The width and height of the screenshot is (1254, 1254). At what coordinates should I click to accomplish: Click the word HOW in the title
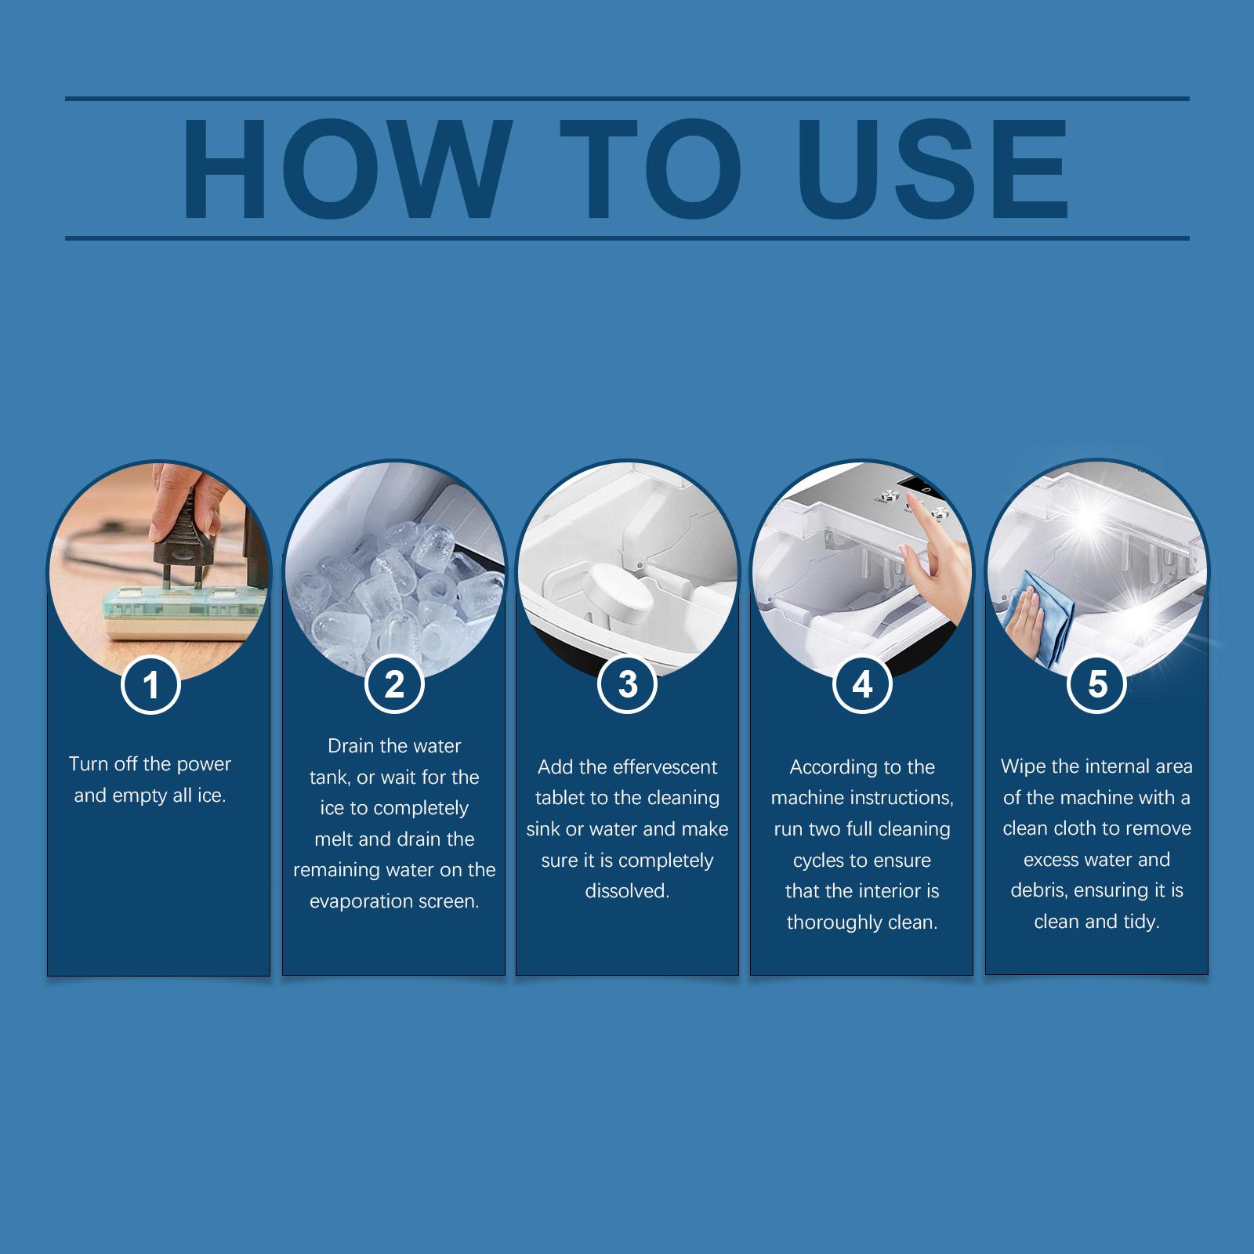[x=344, y=169]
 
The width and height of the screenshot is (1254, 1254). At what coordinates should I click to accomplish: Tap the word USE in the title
[x=933, y=169]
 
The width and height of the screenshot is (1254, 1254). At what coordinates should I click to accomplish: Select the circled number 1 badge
[x=151, y=685]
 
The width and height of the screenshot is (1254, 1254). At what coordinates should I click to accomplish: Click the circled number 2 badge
[x=394, y=685]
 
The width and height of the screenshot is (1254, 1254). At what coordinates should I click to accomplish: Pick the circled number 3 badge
[x=627, y=684]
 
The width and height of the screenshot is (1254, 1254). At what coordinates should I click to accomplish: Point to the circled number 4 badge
[x=862, y=684]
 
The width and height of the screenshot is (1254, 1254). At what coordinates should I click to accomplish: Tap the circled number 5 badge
[x=1097, y=684]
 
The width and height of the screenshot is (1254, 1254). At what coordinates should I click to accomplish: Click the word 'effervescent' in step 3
[x=649, y=767]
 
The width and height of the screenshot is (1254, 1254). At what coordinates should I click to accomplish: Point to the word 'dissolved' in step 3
[x=627, y=891]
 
